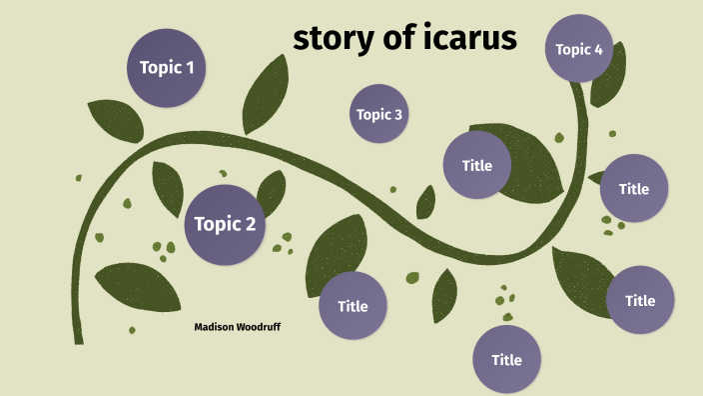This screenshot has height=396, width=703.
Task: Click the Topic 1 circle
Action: click(x=167, y=68)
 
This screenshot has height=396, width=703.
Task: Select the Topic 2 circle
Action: click(x=225, y=224)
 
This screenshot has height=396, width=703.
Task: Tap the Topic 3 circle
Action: click(x=379, y=114)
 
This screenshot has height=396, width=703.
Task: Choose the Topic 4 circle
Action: click(x=579, y=48)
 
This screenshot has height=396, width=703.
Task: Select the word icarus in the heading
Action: click(x=474, y=38)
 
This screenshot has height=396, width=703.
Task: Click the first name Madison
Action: click(x=216, y=327)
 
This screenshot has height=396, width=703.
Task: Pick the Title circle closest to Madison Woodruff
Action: click(x=352, y=306)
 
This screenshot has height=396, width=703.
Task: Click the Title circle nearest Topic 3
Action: click(x=477, y=165)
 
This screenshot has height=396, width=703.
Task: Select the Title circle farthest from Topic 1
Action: click(x=640, y=300)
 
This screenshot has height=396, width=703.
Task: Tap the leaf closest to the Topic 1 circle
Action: click(x=115, y=120)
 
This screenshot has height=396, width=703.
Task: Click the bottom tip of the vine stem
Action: click(x=78, y=340)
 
